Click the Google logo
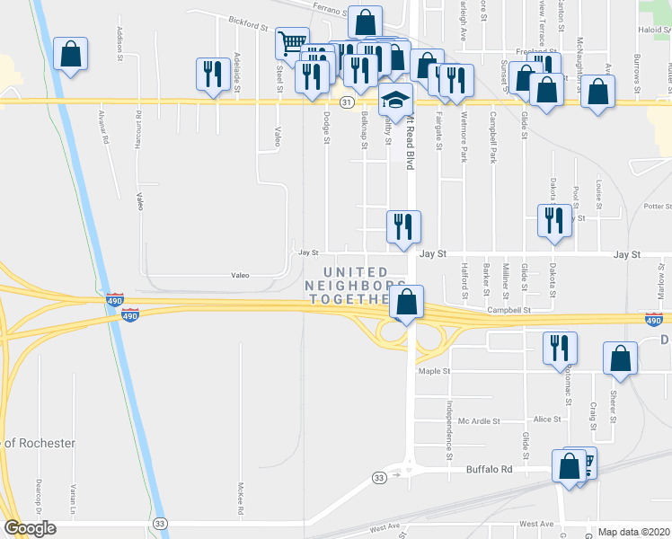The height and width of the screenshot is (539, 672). click(30, 528)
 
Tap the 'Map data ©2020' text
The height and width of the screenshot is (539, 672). click(633, 531)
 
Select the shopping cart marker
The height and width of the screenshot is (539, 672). click(291, 43)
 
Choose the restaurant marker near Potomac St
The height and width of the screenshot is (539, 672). click(561, 348)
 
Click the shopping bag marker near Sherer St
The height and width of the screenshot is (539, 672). click(620, 358)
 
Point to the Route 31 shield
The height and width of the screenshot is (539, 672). click(346, 102)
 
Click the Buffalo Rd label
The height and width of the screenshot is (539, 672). click(488, 469)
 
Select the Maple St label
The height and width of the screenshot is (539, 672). click(432, 370)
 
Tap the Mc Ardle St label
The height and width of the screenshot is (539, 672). click(475, 420)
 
